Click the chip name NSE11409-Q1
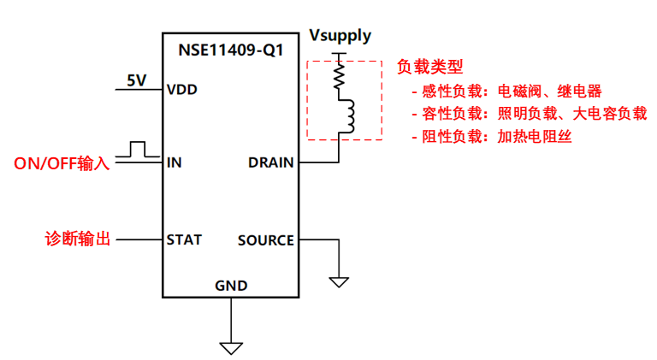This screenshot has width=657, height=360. click(230, 50)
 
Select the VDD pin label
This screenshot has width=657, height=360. click(183, 88)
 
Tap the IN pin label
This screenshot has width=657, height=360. click(175, 162)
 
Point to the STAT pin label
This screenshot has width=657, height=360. click(184, 239)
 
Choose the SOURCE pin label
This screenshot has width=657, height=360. click(265, 239)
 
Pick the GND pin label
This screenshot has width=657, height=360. click(231, 286)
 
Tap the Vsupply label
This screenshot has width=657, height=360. click(340, 36)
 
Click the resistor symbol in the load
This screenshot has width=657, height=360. click(340, 79)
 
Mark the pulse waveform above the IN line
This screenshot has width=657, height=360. click(133, 150)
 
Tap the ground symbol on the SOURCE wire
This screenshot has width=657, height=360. click(339, 280)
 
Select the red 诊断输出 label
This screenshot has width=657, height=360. click(78, 239)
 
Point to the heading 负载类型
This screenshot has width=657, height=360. click(430, 67)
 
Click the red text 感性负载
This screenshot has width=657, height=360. click(454, 91)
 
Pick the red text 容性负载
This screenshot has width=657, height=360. click(454, 114)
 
